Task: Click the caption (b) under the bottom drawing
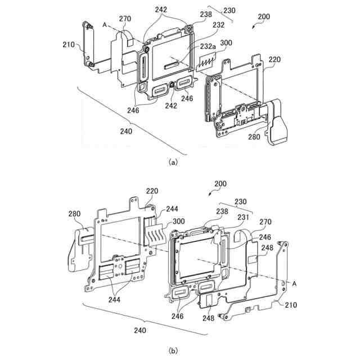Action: click(x=173, y=350)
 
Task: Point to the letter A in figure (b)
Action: click(x=294, y=285)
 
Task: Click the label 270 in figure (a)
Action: click(x=125, y=19)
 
